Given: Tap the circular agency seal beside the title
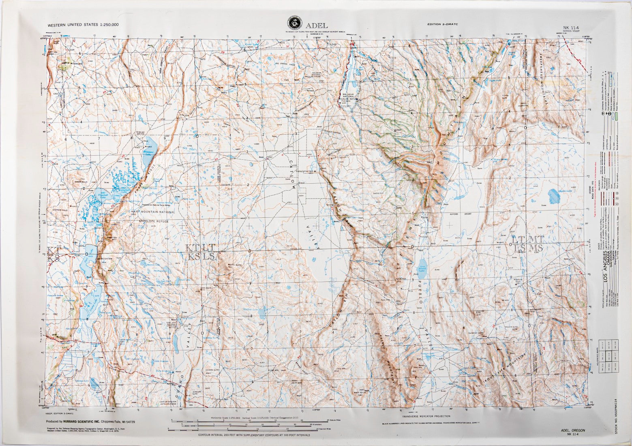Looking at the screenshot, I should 295,23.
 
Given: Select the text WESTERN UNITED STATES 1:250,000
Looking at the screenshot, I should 83,25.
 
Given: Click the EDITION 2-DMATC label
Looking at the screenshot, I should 442,25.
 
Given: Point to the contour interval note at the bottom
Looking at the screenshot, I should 254,435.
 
